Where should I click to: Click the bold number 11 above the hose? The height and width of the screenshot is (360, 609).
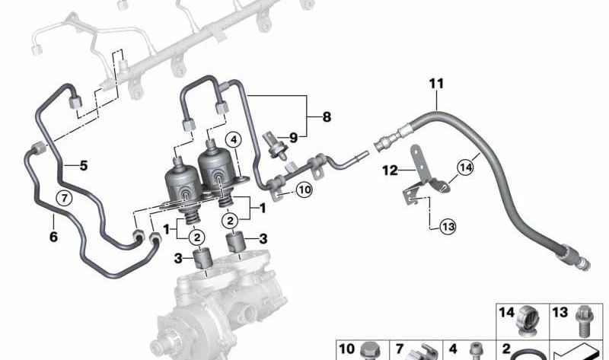click(436, 84)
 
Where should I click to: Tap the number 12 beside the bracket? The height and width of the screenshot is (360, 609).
click(391, 170)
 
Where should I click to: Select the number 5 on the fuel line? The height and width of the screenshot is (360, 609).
click(84, 166)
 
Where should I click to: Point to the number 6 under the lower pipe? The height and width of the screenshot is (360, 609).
click(53, 236)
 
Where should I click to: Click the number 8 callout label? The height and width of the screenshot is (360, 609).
click(327, 116)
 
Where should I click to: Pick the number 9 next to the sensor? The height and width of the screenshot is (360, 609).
click(293, 138)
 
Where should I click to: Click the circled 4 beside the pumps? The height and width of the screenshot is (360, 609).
click(234, 140)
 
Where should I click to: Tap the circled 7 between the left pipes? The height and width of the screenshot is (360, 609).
click(65, 198)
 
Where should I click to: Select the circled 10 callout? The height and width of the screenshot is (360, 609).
click(304, 190)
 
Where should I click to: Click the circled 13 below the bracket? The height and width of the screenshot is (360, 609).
click(448, 226)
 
